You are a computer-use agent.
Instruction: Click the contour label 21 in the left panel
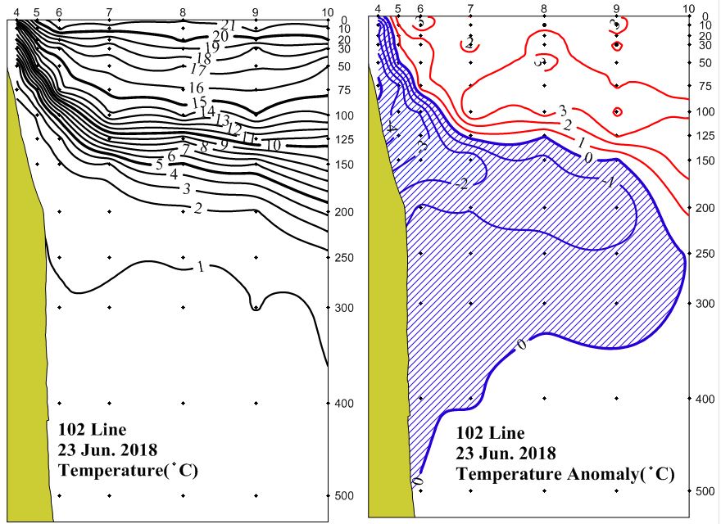pos(229,25)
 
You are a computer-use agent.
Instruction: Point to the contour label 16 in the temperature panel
pos(196,88)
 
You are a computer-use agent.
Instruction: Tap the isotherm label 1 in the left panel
pos(200,267)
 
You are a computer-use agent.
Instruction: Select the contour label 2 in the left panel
pos(197,208)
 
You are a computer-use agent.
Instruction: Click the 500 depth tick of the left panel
pos(342,496)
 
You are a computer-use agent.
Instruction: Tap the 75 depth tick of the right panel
pos(702,85)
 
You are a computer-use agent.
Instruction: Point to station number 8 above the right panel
pos(544,9)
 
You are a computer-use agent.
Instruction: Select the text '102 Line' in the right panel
pos(490,433)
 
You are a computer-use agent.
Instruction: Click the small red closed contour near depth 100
pos(617,111)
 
